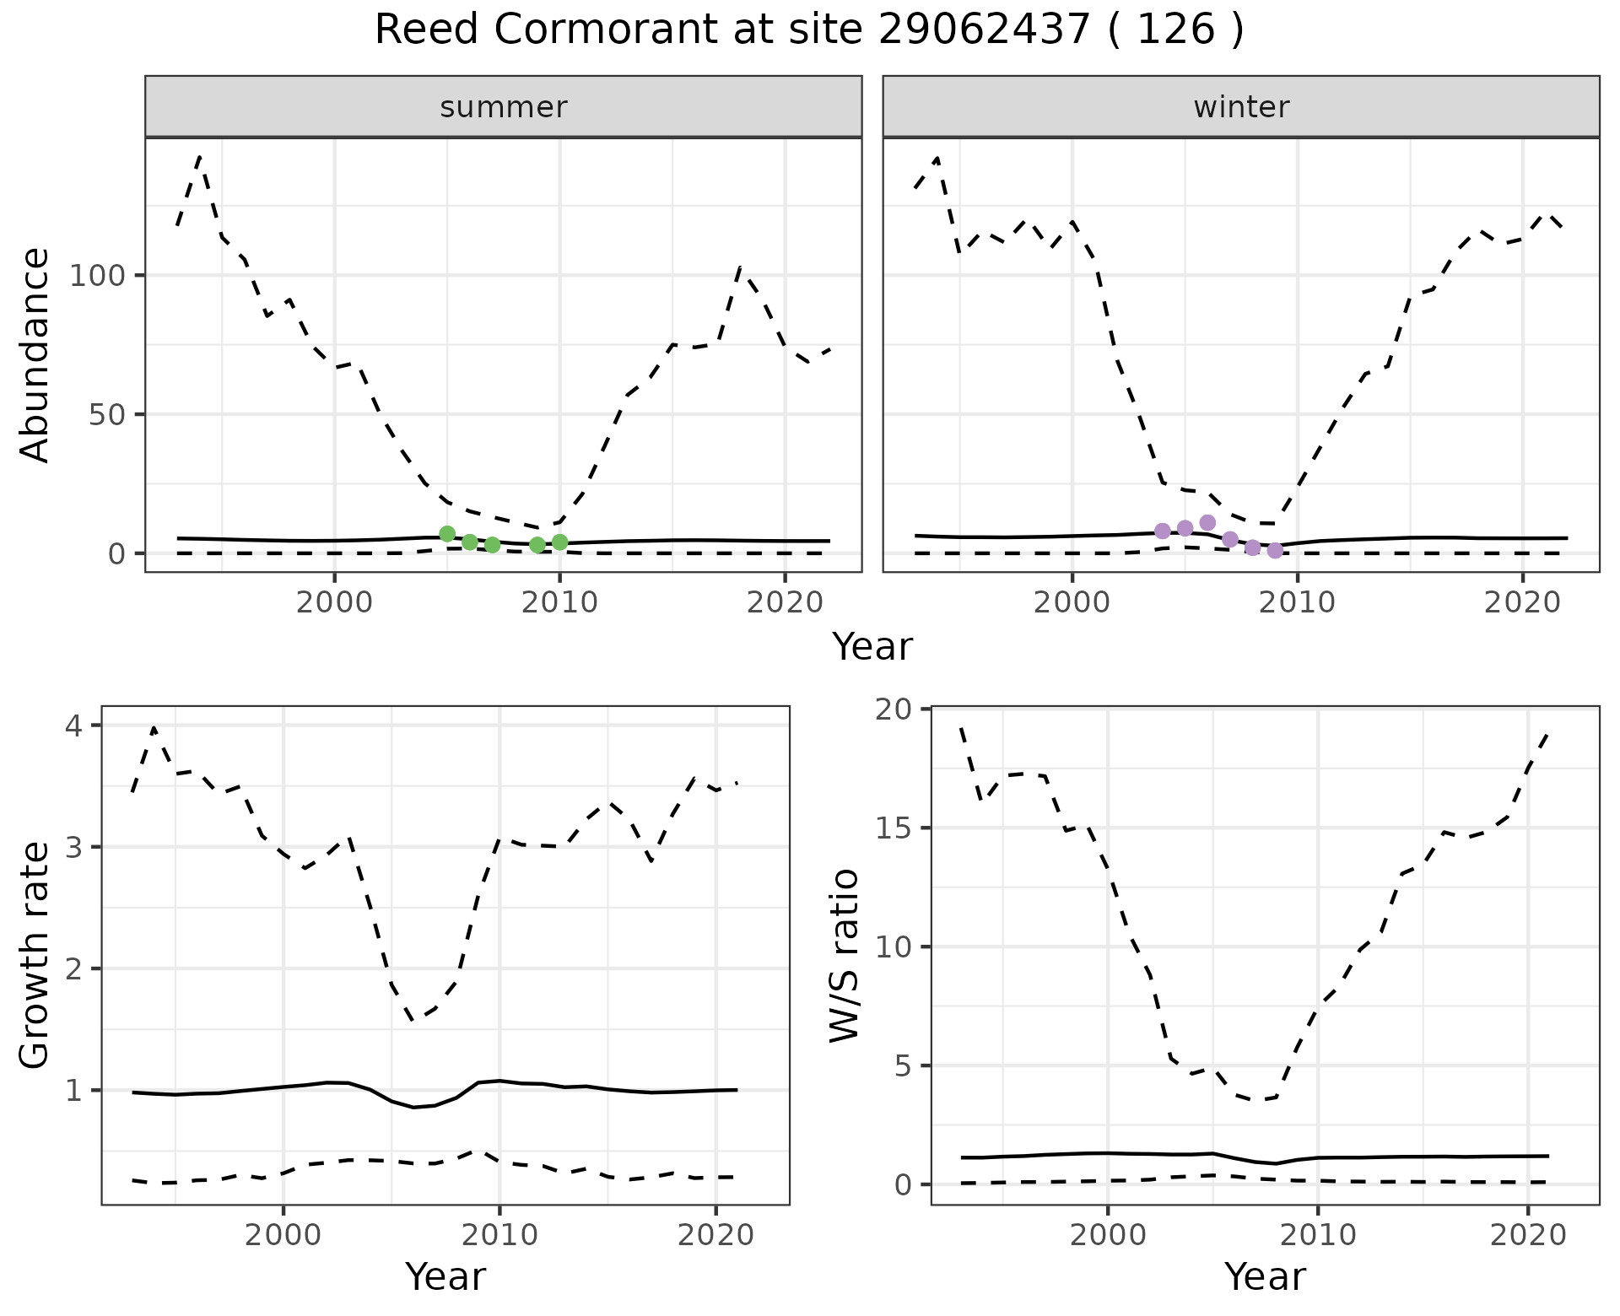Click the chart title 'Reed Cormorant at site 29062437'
click(808, 30)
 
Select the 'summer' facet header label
click(504, 107)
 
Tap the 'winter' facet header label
click(1241, 107)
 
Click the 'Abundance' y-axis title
click(35, 355)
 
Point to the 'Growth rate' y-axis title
click(35, 957)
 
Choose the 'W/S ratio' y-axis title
click(844, 957)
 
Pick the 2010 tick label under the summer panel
click(559, 603)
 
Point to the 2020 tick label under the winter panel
click(1522, 603)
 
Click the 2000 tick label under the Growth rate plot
click(283, 1236)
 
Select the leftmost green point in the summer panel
click(447, 534)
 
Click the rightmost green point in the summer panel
click(559, 542)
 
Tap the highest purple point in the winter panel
click(1207, 523)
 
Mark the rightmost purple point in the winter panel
click(1275, 551)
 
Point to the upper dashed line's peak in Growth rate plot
click(154, 727)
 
